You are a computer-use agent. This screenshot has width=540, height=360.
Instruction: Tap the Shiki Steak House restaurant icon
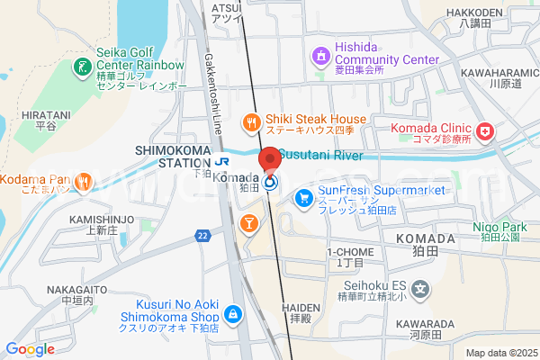(x=252, y=121)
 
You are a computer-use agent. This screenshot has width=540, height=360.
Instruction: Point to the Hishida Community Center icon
(x=321, y=58)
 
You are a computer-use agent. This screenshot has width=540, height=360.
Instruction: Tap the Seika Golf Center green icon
(x=80, y=66)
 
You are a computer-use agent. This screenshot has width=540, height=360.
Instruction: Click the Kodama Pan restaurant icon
(x=83, y=181)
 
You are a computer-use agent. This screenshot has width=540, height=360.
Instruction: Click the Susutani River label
(x=319, y=155)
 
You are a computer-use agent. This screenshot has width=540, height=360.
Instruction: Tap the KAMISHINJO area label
(x=102, y=219)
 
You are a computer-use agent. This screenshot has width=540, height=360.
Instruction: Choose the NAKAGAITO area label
(x=68, y=290)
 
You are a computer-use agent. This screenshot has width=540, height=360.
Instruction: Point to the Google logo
(x=31, y=349)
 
